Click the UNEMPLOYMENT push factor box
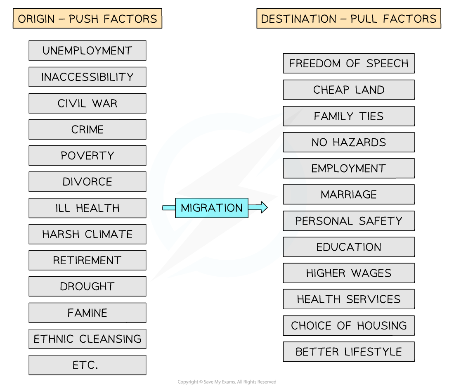[x=87, y=50]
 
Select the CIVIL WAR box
[x=87, y=103]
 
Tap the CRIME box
[x=87, y=130]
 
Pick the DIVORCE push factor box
[x=87, y=182]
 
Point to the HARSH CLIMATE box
[x=87, y=234]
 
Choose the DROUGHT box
[x=87, y=286]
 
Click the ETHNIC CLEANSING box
[x=87, y=339]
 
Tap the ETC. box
[x=87, y=365]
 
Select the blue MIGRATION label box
[x=212, y=208]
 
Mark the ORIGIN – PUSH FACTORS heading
[x=87, y=19]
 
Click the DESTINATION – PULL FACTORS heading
[x=349, y=19]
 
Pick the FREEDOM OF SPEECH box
[x=349, y=63]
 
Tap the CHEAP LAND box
[x=349, y=90]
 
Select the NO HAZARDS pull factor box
[x=349, y=142]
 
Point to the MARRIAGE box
[x=349, y=194]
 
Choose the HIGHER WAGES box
[x=349, y=273]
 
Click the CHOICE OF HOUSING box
[x=349, y=325]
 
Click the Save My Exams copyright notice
[x=227, y=382]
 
